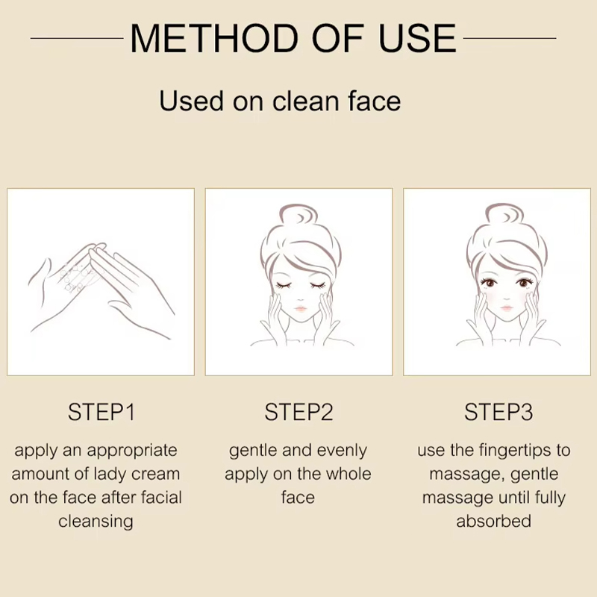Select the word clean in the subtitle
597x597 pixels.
coord(305,101)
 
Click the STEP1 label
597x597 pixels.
coord(101,412)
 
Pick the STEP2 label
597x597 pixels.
coord(299,412)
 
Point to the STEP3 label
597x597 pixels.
coord(498,412)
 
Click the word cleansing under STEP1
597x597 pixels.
coord(96,521)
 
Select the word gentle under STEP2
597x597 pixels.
coord(252,451)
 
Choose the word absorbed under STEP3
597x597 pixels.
coord(493,521)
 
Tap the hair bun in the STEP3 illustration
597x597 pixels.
coord(505,216)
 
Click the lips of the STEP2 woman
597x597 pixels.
coord(301,307)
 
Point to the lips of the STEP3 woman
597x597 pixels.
coord(507,307)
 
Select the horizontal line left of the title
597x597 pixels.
coord(77,38)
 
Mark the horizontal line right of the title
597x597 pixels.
coord(510,38)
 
